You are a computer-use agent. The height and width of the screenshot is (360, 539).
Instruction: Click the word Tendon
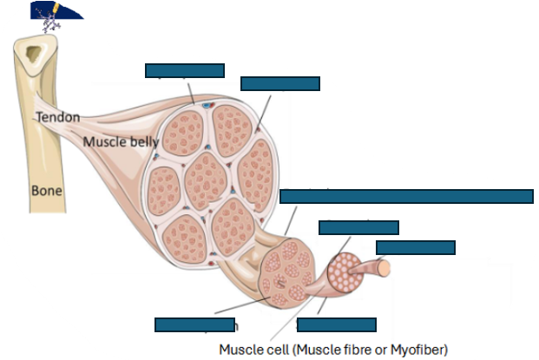coord(57,116)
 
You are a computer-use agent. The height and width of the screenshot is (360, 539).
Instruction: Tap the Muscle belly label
coord(120,141)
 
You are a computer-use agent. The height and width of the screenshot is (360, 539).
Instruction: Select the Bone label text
coord(46,187)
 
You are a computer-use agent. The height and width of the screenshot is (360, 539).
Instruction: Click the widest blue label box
coord(406,196)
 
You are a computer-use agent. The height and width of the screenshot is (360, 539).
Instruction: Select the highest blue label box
coord(184,70)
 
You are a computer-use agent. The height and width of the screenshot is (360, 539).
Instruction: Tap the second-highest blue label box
coord(279,83)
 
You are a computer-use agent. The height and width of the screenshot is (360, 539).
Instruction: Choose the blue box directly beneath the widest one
coord(358,227)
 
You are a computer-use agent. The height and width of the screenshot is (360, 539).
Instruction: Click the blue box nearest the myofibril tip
coord(415,247)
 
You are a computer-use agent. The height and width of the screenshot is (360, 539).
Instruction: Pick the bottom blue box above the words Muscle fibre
coord(336,324)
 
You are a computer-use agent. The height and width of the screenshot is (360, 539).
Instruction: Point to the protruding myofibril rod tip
coord(385,265)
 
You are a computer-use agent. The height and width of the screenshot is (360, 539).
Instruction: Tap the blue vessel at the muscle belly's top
coord(206,105)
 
